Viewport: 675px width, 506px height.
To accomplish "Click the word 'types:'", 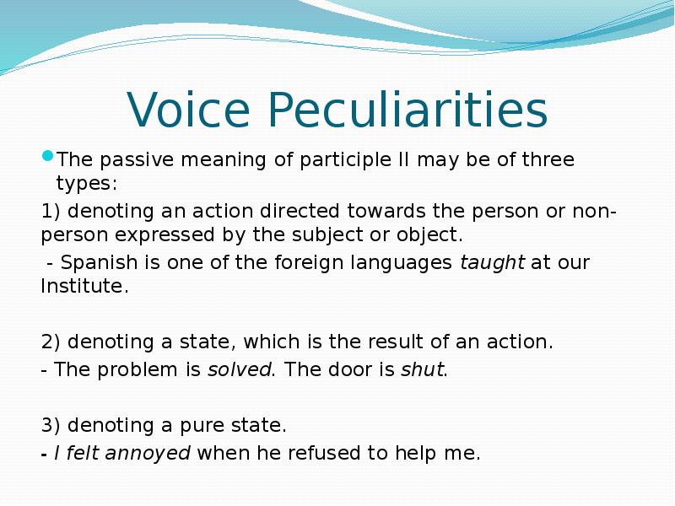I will click(x=87, y=182).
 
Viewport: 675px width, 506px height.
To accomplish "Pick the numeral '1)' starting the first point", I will click(x=51, y=211).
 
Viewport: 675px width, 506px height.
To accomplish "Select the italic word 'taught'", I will click(x=492, y=262).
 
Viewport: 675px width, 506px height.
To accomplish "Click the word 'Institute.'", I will click(x=85, y=286).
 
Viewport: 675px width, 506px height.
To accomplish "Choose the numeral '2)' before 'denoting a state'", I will click(x=51, y=342).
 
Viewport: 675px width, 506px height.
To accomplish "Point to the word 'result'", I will click(x=441, y=342).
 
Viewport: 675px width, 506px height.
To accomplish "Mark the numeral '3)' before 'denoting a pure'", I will click(x=51, y=424).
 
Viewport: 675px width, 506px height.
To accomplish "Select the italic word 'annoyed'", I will click(x=153, y=453).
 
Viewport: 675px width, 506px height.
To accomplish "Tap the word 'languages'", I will click(x=412, y=262).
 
